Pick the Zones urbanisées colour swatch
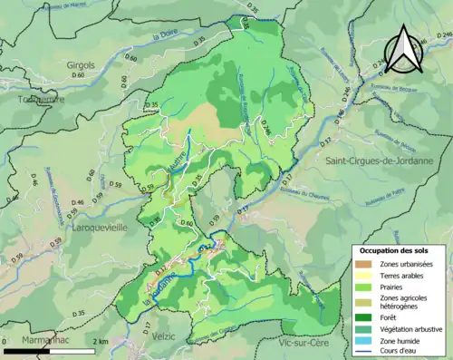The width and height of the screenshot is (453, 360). click(x=363, y=263)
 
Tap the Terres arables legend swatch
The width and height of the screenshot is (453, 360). click(x=363, y=275)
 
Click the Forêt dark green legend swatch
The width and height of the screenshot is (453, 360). click(x=363, y=316)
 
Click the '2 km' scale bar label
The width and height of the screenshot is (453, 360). click(x=101, y=341)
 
